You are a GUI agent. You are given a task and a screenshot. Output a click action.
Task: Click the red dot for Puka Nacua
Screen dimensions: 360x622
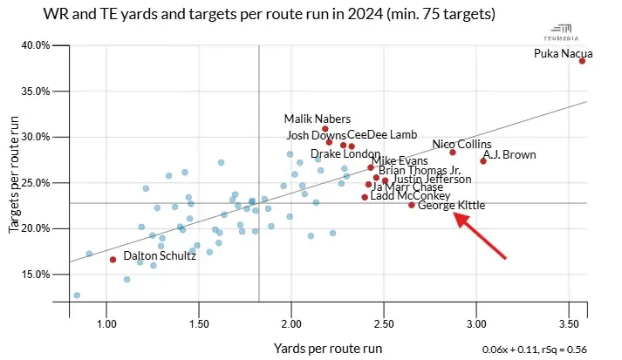[x=582, y=61]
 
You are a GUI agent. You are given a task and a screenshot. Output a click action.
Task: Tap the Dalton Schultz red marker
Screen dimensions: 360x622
[x=113, y=260]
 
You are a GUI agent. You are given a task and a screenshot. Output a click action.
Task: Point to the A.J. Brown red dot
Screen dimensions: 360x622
[x=483, y=161]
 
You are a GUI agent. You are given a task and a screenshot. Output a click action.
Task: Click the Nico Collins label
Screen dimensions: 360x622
[x=461, y=145]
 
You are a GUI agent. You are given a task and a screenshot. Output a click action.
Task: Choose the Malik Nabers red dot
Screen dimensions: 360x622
[x=325, y=129]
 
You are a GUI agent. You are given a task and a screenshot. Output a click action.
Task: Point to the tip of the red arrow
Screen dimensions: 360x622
[x=454, y=211]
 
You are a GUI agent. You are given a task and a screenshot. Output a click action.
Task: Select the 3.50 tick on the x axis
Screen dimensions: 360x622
[x=569, y=325]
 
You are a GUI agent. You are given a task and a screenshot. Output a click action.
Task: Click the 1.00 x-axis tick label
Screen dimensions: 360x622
[x=106, y=325]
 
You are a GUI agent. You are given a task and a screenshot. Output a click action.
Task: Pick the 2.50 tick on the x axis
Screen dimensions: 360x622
[x=384, y=325]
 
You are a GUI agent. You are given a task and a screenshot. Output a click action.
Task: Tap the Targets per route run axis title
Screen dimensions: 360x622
[x=14, y=177]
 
